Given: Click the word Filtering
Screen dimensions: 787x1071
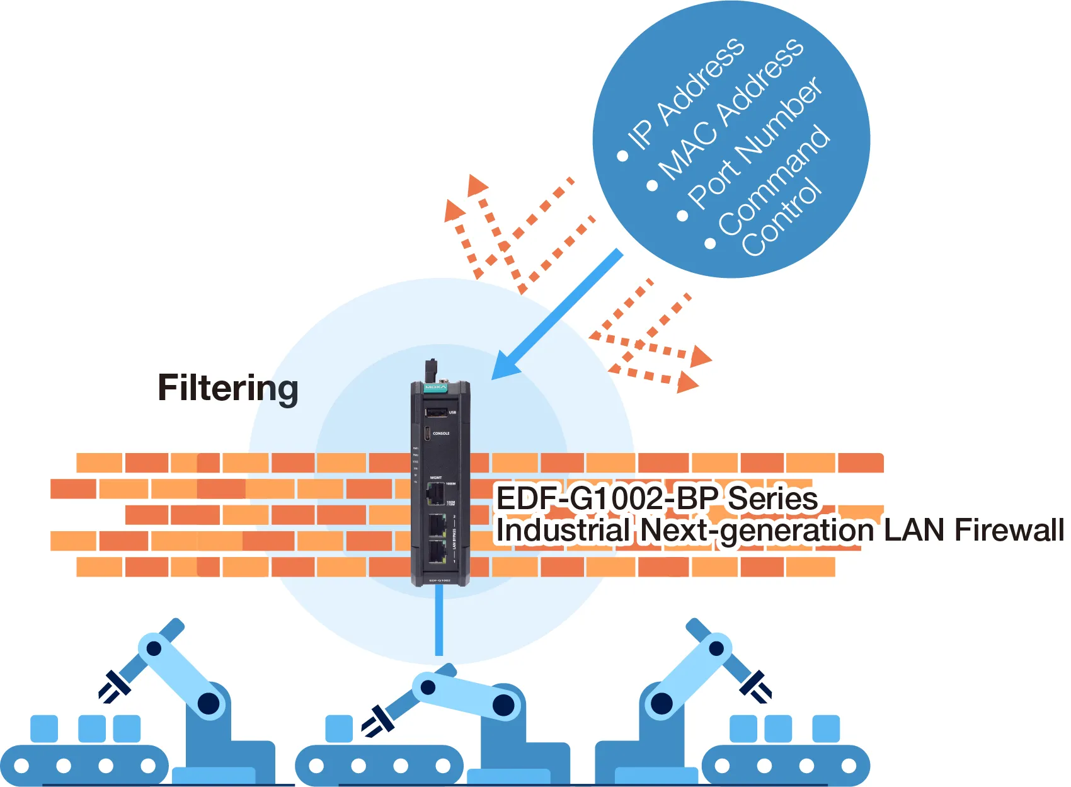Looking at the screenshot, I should click(x=227, y=388).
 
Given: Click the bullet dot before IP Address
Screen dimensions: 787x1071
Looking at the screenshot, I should click(x=622, y=156).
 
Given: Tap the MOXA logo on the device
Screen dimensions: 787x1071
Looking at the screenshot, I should click(x=435, y=387).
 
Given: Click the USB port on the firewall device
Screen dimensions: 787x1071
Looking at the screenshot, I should click(x=436, y=412).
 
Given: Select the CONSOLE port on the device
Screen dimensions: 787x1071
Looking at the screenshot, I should click(x=427, y=434).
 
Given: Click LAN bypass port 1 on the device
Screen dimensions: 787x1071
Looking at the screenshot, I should click(x=437, y=551).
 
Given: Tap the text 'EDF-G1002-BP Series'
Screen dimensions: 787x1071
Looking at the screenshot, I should click(x=656, y=499).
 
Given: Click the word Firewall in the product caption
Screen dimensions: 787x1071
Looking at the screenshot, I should click(x=1009, y=530).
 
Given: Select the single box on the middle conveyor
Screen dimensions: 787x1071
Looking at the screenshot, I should click(x=339, y=728).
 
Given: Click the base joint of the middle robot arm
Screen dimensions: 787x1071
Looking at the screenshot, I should click(x=503, y=705).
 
